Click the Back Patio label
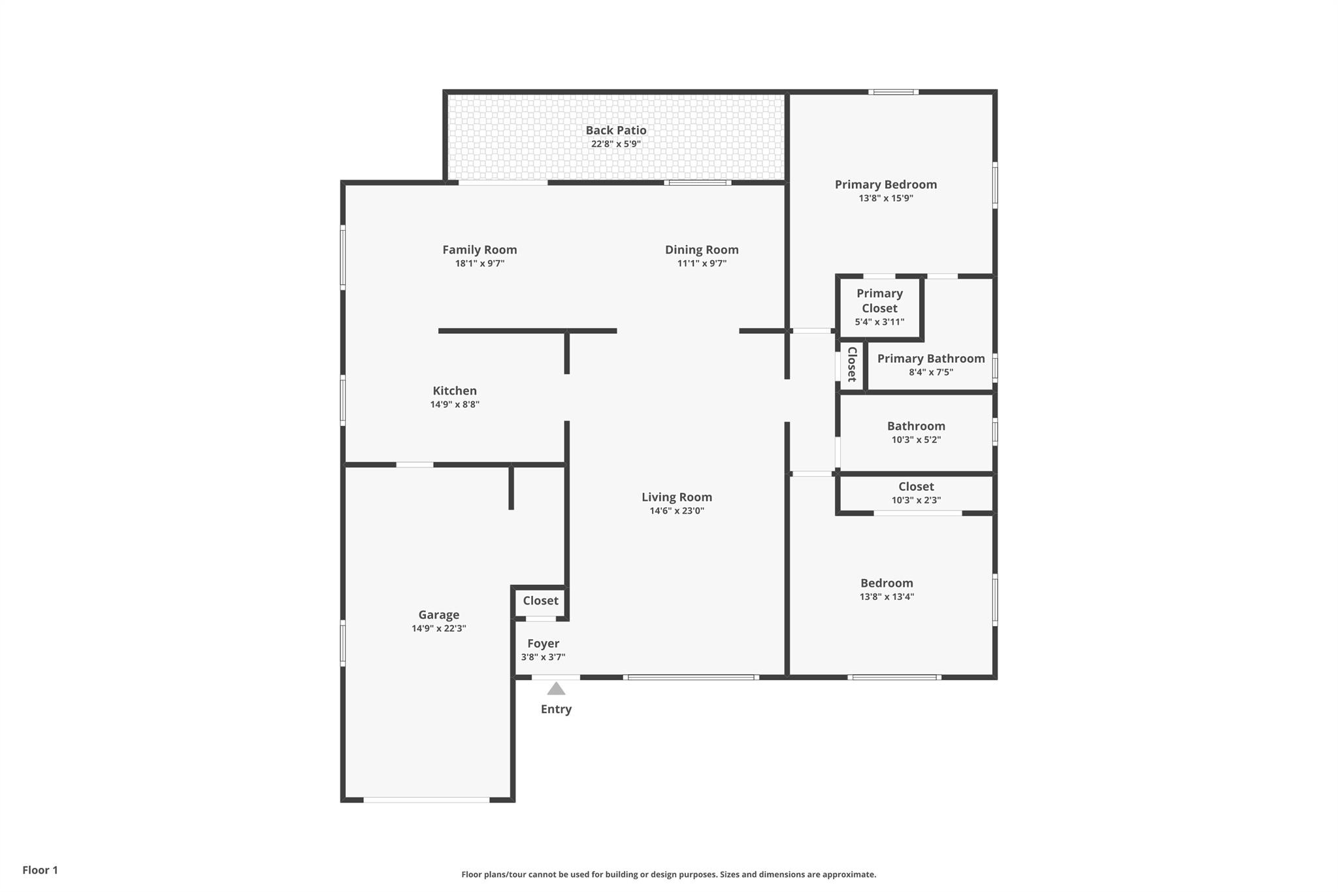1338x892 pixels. (615, 131)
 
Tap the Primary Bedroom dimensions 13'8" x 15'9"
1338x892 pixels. (886, 198)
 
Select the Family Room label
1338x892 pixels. (480, 250)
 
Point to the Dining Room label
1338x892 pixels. (702, 250)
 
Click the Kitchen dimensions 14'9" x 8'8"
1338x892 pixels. (455, 405)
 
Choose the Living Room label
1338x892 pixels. (677, 497)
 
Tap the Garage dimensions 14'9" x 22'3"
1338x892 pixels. (439, 629)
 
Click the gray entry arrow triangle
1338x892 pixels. (556, 688)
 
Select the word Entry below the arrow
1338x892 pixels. (556, 709)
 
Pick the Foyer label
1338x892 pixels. (544, 644)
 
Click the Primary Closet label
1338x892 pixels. (879, 301)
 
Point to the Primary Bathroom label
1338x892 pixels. (931, 359)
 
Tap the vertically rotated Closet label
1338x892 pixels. (852, 364)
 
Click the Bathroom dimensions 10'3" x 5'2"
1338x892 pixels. (916, 440)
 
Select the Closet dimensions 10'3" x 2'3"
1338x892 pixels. (916, 501)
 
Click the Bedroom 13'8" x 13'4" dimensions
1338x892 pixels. (887, 597)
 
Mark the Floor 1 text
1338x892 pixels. (40, 870)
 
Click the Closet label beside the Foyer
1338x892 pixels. (540, 601)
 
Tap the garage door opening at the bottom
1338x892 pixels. (427, 800)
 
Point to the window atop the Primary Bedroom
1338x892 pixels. (894, 92)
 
